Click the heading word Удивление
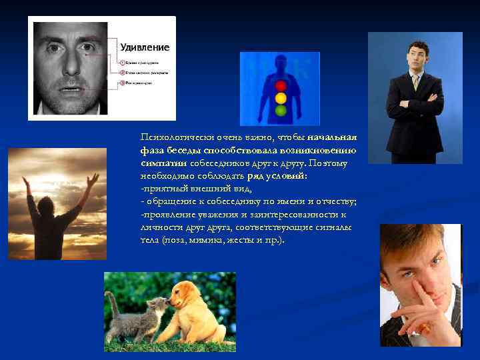point(145,47)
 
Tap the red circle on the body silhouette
point(280,85)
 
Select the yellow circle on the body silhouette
point(280,97)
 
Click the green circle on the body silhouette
point(280,109)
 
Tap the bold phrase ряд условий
point(277,176)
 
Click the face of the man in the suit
point(418,55)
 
